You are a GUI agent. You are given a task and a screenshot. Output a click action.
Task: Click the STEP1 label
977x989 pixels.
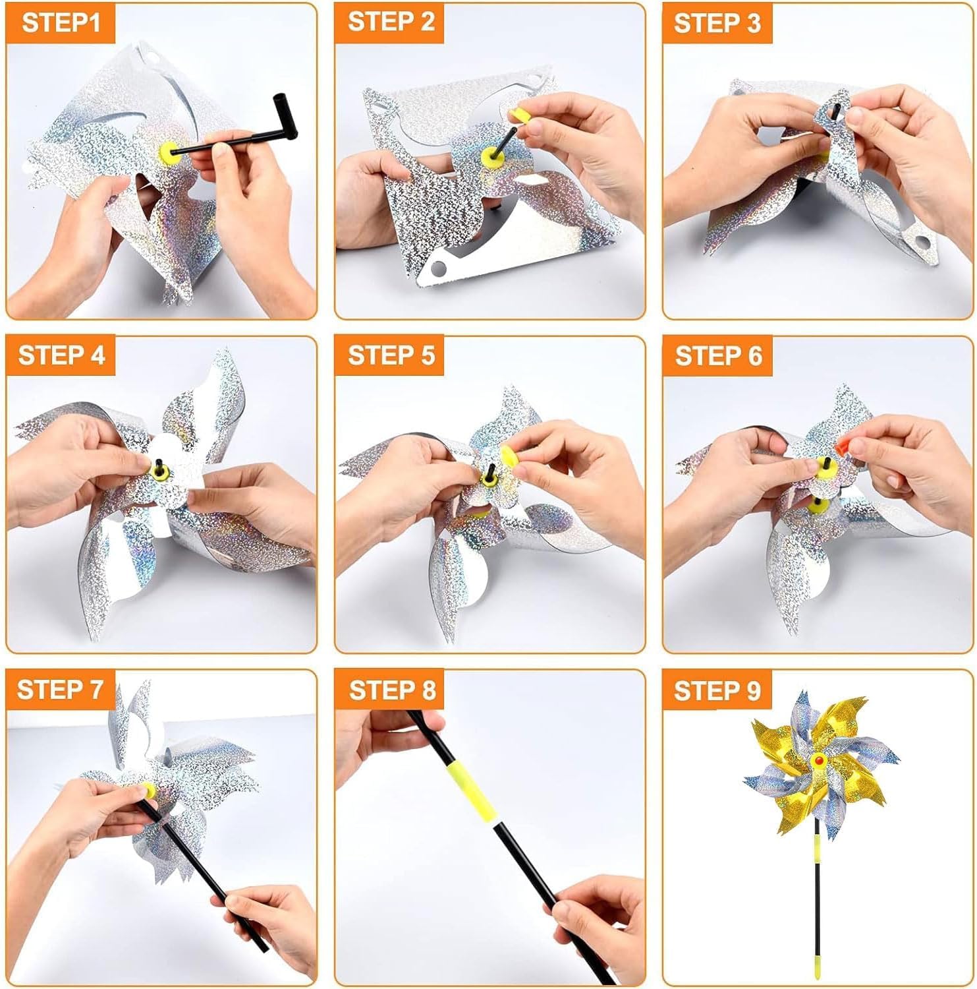(61, 22)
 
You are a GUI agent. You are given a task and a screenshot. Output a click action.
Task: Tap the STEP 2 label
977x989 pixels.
(391, 21)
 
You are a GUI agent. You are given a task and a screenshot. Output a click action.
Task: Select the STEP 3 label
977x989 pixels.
(717, 24)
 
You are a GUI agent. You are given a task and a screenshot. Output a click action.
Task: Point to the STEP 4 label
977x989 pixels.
(62, 355)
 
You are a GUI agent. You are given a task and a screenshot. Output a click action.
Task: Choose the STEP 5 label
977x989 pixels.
(391, 355)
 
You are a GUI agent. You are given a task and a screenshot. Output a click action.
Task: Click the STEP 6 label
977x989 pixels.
(719, 356)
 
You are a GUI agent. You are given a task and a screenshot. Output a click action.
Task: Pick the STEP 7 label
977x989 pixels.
(61, 689)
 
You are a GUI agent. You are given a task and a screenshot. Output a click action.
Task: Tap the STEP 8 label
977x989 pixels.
(393, 690)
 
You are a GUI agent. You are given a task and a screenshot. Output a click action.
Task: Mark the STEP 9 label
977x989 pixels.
(717, 690)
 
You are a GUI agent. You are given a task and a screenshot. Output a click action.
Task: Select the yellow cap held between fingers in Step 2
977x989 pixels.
(519, 116)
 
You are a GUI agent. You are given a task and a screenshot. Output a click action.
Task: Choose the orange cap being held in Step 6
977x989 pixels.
(844, 446)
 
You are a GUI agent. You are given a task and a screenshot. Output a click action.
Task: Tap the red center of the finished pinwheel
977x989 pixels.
(818, 761)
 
